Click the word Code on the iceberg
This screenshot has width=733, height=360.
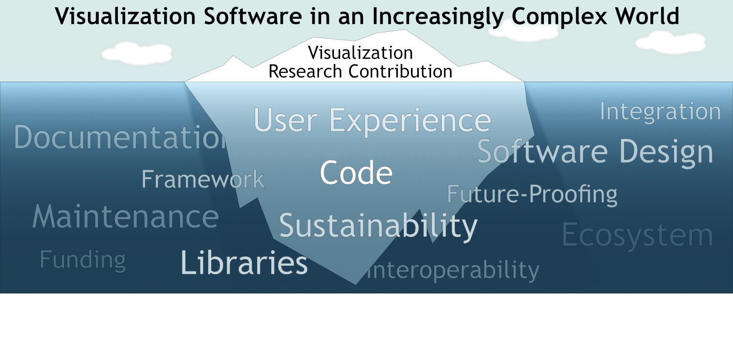point(356,173)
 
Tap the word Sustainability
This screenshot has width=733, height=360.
point(378,226)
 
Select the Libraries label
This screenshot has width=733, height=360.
point(244,262)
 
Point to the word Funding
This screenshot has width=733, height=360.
point(83,260)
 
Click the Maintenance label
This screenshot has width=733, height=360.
point(125,216)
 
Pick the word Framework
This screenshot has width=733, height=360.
point(203,179)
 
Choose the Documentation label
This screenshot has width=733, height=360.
point(120,137)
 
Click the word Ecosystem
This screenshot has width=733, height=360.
point(637,236)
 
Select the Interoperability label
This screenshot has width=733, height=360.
point(453,270)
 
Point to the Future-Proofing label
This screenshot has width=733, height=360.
point(532,195)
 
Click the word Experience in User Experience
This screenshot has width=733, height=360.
point(410,120)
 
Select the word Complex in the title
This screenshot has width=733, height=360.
point(559,16)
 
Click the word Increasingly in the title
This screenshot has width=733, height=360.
point(438,17)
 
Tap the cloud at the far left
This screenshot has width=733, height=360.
point(137,53)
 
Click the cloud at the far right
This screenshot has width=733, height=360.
point(670,43)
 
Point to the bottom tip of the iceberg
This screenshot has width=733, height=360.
point(356,284)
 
